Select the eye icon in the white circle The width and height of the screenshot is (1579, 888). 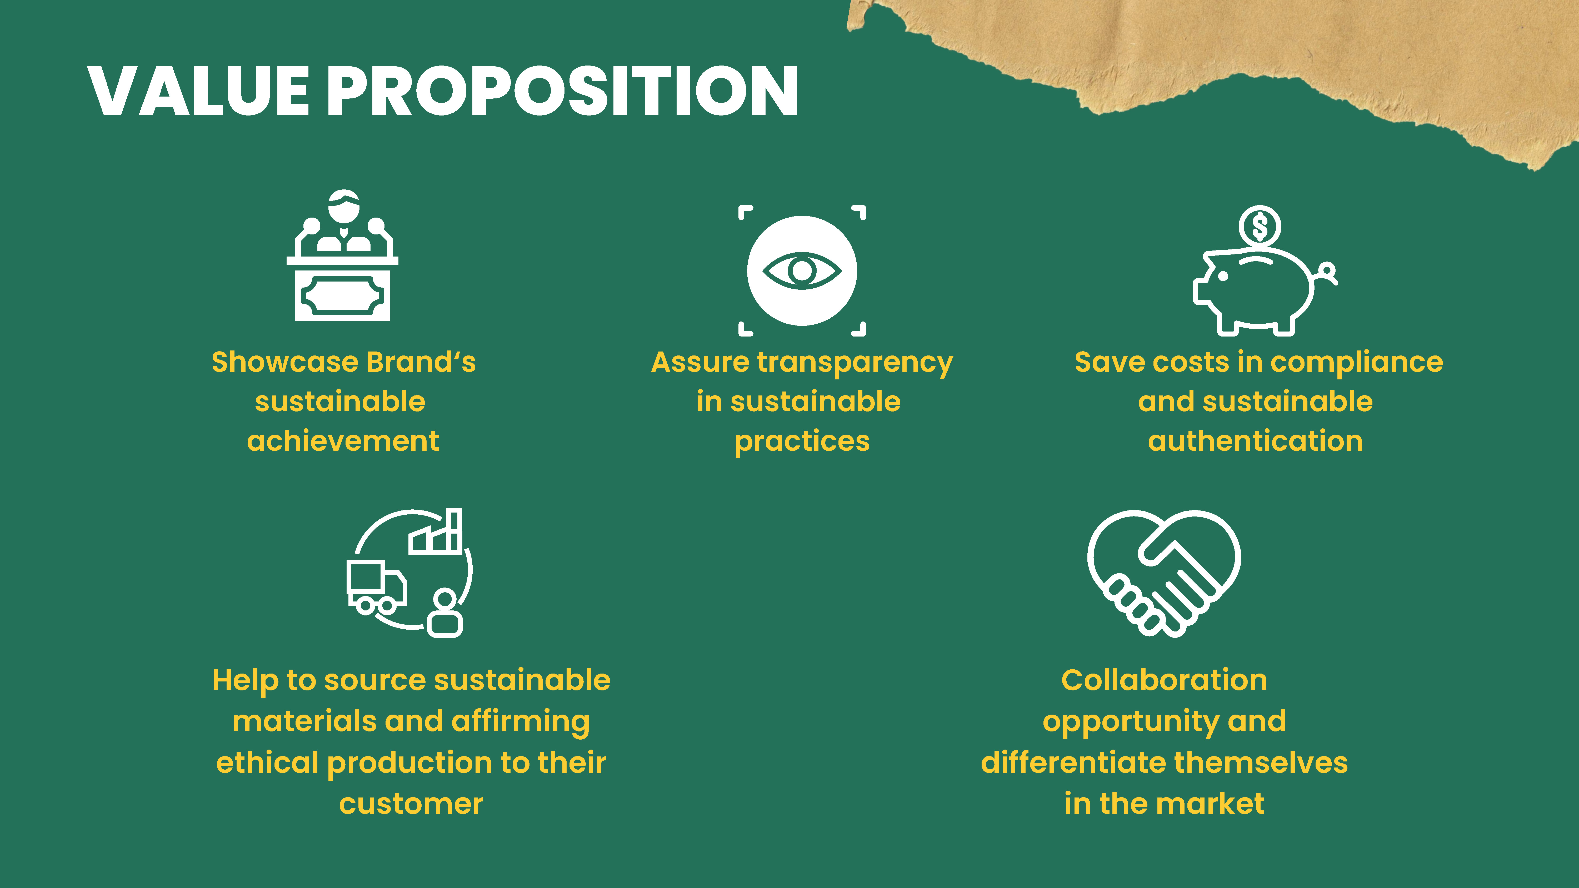802,270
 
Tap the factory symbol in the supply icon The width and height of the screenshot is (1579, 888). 436,533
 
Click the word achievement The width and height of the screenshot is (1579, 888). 343,441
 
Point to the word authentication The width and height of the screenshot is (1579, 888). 1255,441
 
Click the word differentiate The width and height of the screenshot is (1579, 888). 1073,763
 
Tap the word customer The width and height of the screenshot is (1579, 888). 411,804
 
